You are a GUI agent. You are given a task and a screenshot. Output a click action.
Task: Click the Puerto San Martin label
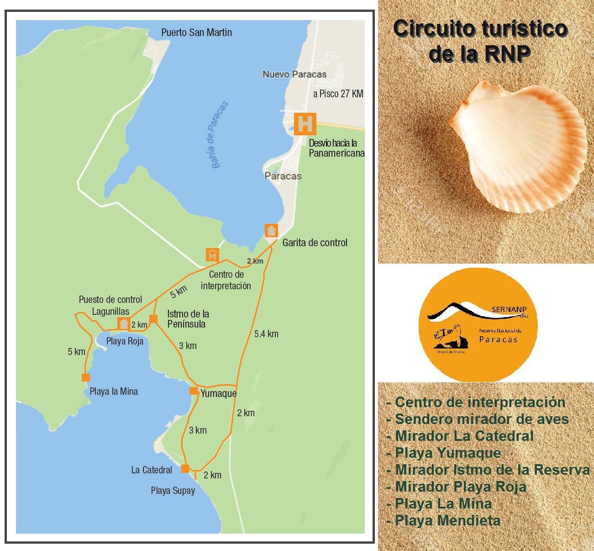point(196,32)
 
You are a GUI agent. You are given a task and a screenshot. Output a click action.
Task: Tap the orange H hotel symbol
point(305,123)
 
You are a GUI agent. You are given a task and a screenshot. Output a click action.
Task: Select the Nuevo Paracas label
point(294,74)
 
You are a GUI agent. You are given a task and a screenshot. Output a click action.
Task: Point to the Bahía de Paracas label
point(220,135)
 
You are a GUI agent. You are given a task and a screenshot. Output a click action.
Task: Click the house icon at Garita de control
point(271,231)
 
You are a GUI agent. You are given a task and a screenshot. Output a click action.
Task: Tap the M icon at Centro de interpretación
point(212,255)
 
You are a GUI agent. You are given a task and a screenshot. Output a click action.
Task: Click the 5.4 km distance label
point(266,334)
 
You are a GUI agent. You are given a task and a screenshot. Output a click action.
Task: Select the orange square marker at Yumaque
point(194,391)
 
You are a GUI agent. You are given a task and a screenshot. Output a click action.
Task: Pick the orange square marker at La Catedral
point(185,468)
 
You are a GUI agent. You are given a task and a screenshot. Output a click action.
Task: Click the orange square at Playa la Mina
point(85,377)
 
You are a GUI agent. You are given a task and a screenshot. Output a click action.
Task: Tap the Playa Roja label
point(125,341)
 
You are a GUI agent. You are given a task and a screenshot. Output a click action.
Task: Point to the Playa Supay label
point(173,491)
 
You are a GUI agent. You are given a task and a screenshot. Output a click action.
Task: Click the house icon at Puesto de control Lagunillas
point(123,323)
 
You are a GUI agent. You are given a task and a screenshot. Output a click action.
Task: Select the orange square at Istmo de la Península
point(153,319)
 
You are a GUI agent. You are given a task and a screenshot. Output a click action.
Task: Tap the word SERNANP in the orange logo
point(509,309)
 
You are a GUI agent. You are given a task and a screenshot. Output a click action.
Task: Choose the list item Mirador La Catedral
point(464,436)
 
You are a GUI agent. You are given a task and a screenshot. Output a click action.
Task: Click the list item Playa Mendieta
point(447,520)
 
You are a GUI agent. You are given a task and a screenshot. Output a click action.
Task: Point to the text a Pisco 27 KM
point(338,94)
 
